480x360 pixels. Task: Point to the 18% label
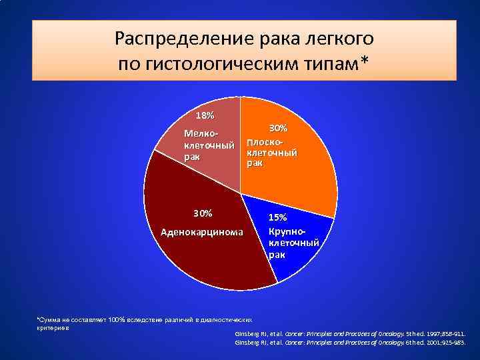pyautogui.click(x=205, y=115)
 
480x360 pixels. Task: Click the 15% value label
pyautogui.click(x=278, y=217)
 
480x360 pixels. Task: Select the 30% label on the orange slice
pyautogui.click(x=278, y=127)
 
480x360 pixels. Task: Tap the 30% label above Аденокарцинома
pyautogui.click(x=203, y=213)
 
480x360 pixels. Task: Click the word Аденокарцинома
pyautogui.click(x=203, y=232)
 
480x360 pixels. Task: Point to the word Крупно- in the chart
pyautogui.click(x=287, y=230)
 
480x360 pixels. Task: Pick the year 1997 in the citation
pyautogui.click(x=418, y=332)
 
